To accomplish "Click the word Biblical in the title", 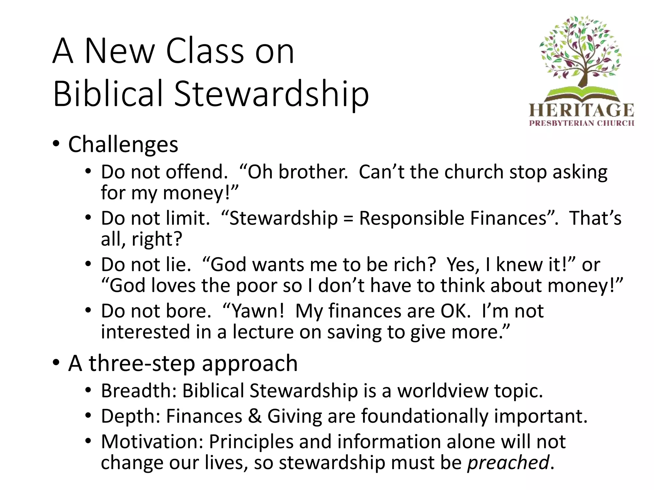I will (x=108, y=94).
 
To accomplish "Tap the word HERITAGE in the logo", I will (x=582, y=110).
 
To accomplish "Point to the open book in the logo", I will (x=582, y=94).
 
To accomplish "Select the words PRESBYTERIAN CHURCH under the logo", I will (x=582, y=123).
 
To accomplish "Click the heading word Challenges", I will (x=123, y=145).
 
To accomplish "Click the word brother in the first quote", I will (x=313, y=172).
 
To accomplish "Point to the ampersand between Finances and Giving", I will (x=255, y=416).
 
